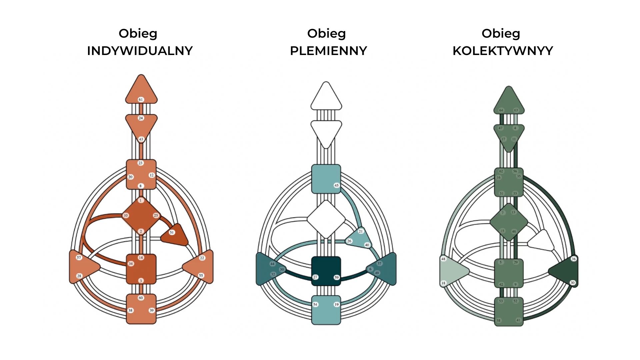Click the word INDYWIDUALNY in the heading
[140, 51]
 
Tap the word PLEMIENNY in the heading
[328, 51]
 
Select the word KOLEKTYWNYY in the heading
[503, 51]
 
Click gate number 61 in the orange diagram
[141, 99]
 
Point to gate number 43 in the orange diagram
[141, 139]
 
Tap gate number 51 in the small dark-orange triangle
[172, 232]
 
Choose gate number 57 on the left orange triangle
[79, 257]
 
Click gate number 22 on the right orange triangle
[202, 258]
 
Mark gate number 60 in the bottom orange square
[141, 298]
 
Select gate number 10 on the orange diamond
[126, 215]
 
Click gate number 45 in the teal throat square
[336, 185]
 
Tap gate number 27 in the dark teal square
[315, 277]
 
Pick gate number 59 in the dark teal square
[336, 277]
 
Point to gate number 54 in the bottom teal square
[315, 304]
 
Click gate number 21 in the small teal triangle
[360, 231]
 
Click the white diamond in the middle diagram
[326, 219]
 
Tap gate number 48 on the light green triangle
[443, 259]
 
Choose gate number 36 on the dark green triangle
[573, 259]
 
